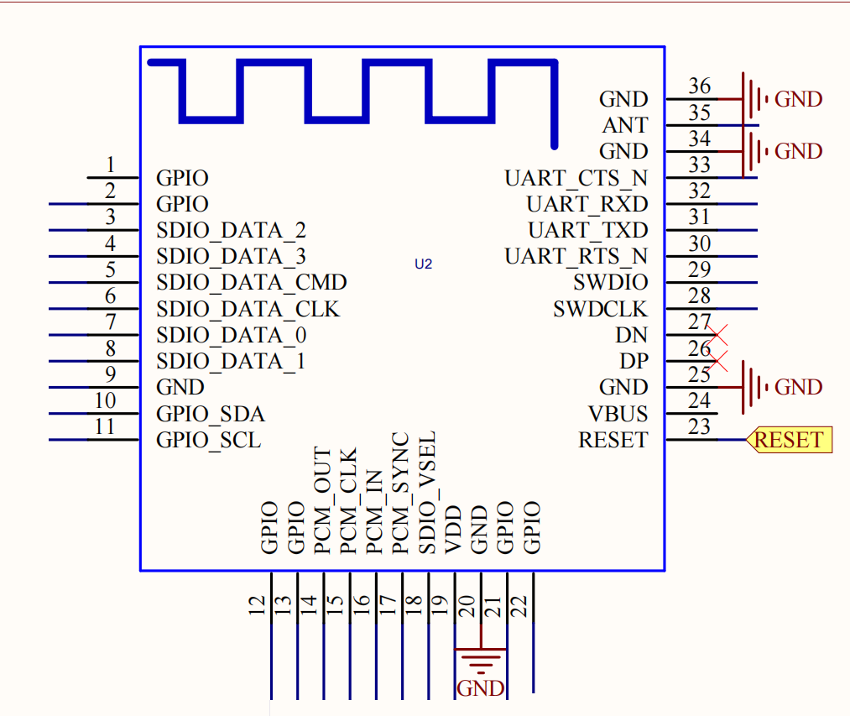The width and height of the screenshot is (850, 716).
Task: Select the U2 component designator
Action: tap(423, 264)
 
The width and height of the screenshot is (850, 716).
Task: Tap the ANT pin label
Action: tap(625, 125)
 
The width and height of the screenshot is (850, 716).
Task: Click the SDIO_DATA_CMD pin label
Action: tap(251, 283)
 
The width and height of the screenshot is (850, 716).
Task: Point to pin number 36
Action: tap(699, 86)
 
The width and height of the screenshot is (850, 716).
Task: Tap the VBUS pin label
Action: tap(618, 414)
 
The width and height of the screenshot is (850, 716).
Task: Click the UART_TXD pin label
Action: tap(587, 230)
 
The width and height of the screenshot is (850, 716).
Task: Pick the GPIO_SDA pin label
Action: tap(210, 414)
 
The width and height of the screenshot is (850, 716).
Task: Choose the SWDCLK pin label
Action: tap(600, 309)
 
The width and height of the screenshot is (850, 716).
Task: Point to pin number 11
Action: tap(104, 426)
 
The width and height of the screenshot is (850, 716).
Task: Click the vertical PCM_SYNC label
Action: tap(401, 493)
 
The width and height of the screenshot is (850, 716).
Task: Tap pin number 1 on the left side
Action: tap(110, 165)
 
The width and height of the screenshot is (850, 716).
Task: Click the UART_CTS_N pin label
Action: tap(576, 178)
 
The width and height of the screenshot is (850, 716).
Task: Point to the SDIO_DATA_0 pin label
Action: tap(231, 335)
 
